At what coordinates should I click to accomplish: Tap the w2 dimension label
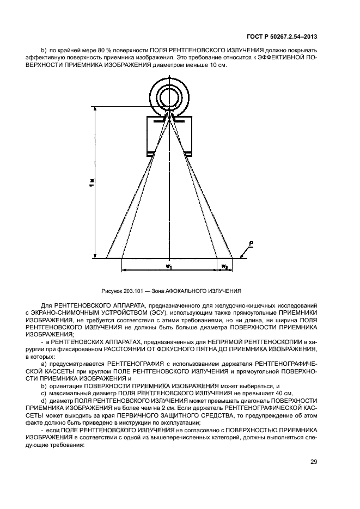click(224, 266)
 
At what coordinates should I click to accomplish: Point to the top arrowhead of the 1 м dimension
click(96, 109)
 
